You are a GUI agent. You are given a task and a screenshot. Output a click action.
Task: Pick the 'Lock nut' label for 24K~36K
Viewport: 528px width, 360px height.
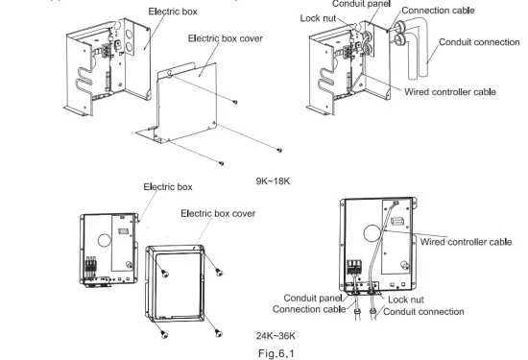tap(420, 300)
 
